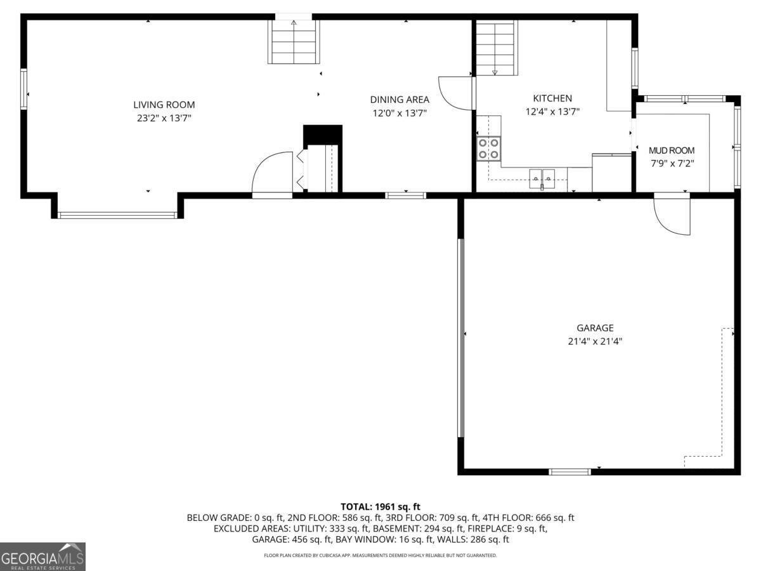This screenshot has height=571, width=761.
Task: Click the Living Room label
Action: [x=164, y=105]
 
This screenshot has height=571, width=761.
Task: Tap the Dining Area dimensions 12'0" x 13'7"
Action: [x=400, y=114]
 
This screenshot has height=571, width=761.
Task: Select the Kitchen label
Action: [x=552, y=98]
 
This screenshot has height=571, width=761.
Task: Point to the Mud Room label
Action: [x=672, y=150]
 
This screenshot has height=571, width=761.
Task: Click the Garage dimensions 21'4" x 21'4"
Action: [x=595, y=341]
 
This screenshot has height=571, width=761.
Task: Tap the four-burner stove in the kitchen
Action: [x=488, y=148]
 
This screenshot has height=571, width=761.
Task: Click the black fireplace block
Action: [x=323, y=135]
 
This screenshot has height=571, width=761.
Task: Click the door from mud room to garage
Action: [x=672, y=214]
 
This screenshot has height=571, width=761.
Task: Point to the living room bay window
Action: [x=117, y=215]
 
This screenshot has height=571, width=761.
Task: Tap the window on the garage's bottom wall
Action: [x=569, y=471]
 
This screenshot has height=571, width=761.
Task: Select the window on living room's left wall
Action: [x=24, y=89]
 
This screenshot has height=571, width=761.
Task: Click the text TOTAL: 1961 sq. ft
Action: [x=380, y=506]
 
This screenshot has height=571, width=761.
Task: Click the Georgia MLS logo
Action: [x=42, y=556]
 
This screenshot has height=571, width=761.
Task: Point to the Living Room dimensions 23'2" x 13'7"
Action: [x=164, y=117]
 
